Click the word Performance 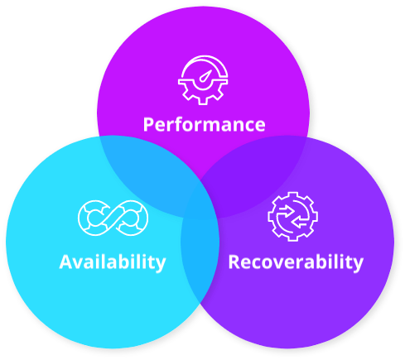205,125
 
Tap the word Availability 113,262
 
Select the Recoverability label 296,262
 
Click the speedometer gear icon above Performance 203,80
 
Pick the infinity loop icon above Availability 113,218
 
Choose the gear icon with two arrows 292,217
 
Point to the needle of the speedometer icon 205,76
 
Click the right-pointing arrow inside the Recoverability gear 287,210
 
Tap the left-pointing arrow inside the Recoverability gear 300,222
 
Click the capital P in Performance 148,125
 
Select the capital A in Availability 65,262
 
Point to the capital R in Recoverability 234,262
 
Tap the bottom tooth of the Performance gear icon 203,101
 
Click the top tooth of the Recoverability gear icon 292,194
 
